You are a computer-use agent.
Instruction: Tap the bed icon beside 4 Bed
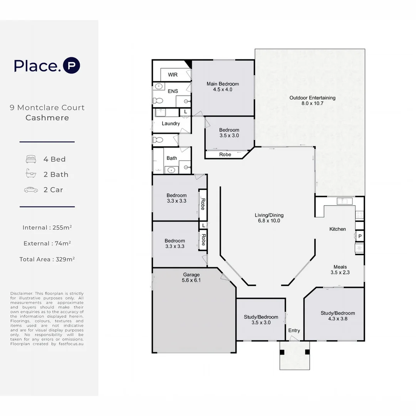(x=31, y=159)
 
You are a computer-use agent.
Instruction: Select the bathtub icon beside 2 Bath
(x=31, y=174)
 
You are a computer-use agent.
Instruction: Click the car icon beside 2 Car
(x=31, y=190)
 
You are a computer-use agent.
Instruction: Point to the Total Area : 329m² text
(x=47, y=259)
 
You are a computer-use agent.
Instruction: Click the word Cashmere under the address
(x=47, y=118)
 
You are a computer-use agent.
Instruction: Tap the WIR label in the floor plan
(x=173, y=75)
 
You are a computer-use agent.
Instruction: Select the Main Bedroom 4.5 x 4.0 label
(x=223, y=87)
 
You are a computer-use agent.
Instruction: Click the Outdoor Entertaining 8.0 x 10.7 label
(x=312, y=101)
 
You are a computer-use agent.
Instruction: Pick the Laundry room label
(x=171, y=124)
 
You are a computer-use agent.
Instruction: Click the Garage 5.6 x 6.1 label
(x=191, y=277)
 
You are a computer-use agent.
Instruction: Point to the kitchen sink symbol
(x=345, y=201)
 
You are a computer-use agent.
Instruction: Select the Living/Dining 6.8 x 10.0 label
(x=269, y=218)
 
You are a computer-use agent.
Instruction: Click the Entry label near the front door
(x=294, y=330)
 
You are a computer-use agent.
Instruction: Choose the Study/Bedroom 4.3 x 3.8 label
(x=338, y=316)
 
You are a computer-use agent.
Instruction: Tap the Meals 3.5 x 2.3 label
(x=340, y=270)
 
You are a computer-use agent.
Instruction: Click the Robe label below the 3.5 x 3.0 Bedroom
(x=225, y=154)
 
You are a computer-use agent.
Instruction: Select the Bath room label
(x=172, y=158)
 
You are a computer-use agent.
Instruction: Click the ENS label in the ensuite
(x=173, y=91)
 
